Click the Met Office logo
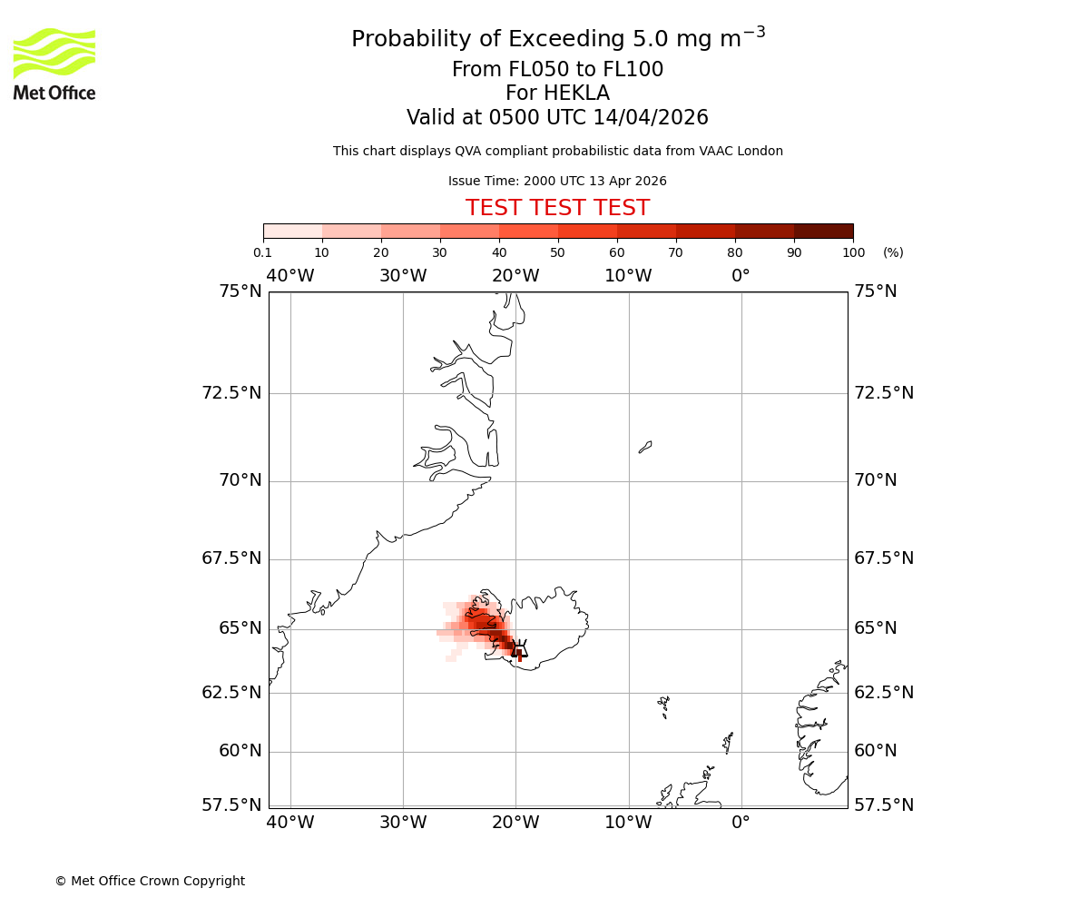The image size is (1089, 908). (54, 64)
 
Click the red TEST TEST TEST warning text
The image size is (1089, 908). (557, 209)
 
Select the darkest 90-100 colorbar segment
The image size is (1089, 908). (823, 231)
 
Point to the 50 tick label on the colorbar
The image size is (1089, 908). (557, 252)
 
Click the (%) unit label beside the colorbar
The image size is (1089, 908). (893, 252)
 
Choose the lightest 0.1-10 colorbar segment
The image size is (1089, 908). (293, 231)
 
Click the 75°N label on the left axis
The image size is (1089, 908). (240, 291)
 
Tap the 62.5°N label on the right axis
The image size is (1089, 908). (883, 692)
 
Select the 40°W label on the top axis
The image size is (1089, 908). (290, 276)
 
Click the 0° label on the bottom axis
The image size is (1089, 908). (741, 823)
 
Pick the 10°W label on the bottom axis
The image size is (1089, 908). (628, 823)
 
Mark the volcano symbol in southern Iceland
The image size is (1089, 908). (519, 648)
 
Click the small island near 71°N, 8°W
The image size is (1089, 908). (645, 447)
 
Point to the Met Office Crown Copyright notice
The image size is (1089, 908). (150, 881)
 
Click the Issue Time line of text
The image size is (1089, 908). (557, 182)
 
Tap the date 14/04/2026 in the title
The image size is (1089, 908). (651, 118)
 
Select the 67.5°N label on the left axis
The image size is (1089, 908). (231, 558)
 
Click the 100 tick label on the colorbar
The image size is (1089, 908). (852, 252)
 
